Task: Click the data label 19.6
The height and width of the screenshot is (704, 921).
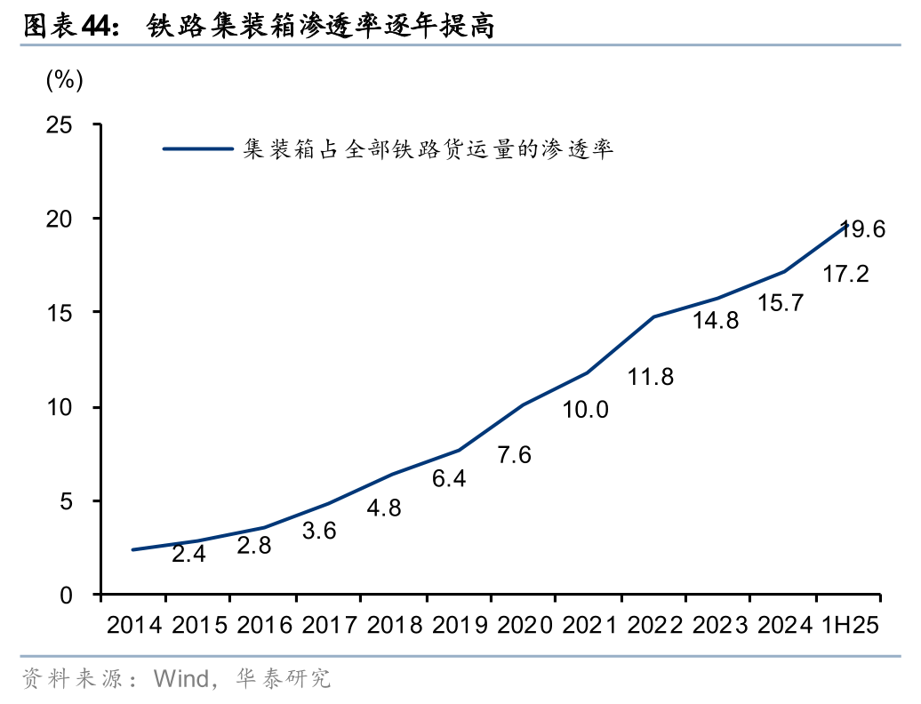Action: point(862,229)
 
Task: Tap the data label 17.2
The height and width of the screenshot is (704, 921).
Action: point(845,275)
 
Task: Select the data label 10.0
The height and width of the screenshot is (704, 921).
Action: point(585,410)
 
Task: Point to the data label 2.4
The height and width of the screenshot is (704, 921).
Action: point(188,555)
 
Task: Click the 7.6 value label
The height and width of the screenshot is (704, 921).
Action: point(514,456)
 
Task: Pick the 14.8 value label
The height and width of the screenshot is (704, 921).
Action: point(716,321)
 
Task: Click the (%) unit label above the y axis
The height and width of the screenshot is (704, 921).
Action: point(64,80)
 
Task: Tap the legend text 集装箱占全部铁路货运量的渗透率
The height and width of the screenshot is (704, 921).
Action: point(428,149)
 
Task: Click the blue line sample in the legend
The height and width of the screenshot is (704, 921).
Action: point(197,149)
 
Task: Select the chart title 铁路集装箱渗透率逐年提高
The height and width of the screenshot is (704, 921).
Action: point(320,28)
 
